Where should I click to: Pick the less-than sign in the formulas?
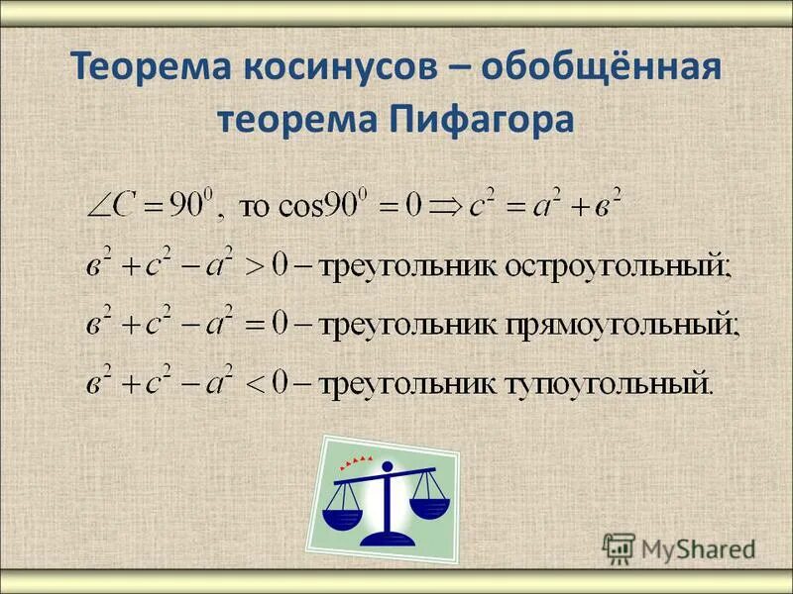256,380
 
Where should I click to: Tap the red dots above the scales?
357,460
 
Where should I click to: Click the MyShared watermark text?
698,547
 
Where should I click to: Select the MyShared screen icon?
619,547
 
